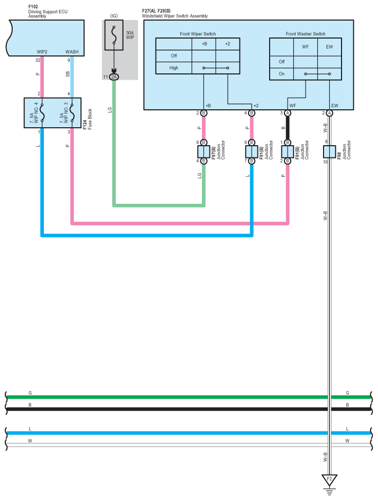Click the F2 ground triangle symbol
point(329,479)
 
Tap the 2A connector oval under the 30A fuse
point(114,77)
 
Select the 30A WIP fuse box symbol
point(114,35)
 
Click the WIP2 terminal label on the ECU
point(42,52)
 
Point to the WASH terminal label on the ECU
point(72,52)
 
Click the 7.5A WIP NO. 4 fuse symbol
point(42,113)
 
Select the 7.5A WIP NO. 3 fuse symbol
point(72,113)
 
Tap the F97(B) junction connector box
point(204,152)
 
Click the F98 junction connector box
point(329,152)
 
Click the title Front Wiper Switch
point(198,34)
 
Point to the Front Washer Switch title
point(306,34)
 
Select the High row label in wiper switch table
point(174,68)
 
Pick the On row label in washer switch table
point(282,74)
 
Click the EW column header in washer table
point(329,47)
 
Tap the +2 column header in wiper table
point(228,44)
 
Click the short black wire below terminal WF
point(288,128)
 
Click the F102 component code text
point(33,7)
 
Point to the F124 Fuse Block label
point(87,119)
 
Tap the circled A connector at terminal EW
point(329,113)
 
